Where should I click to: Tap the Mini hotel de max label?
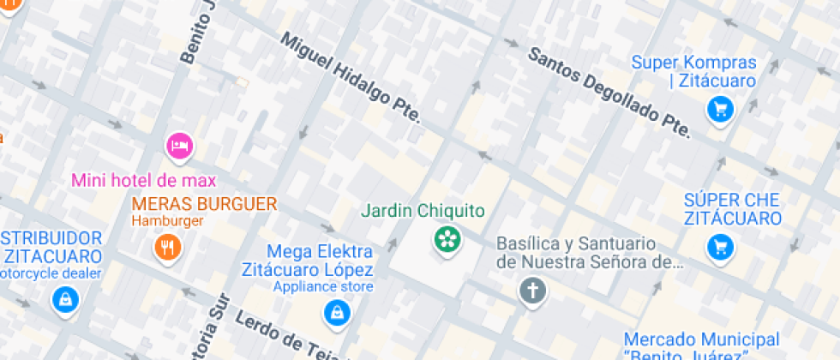coord(144,181)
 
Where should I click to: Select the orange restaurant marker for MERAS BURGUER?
coord(168,248)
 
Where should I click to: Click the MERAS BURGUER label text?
coord(204,204)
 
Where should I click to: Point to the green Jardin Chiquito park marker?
coord(447,239)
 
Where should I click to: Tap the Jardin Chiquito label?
coord(423,211)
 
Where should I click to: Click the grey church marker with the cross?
coord(532,291)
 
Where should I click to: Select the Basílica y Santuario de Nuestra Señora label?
coord(590,253)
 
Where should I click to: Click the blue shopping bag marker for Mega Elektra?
coord(335,313)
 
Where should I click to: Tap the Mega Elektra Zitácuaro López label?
coord(320,260)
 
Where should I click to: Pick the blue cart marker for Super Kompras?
coord(718,109)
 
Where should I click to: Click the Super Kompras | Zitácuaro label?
coord(694,72)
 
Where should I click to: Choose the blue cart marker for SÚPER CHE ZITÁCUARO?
coord(720,248)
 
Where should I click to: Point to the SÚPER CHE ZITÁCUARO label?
coord(732,209)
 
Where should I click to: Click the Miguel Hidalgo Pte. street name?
coord(351,78)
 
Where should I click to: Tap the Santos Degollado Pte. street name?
coord(609,92)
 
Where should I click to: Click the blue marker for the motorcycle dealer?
coord(64,300)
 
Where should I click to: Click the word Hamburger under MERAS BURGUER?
coord(167,221)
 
